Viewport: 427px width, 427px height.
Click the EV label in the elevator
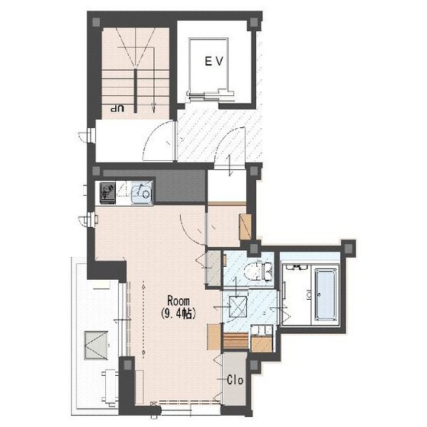[x=214, y=61]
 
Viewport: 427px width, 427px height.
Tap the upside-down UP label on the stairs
[x=117, y=109]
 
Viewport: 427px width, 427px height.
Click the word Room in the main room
[x=178, y=301]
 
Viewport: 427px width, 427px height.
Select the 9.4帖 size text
[x=178, y=313]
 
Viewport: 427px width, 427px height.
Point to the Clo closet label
[x=235, y=380]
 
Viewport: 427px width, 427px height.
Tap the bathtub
[x=326, y=294]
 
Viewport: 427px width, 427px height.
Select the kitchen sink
[x=142, y=192]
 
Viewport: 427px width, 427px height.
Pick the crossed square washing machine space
[x=238, y=307]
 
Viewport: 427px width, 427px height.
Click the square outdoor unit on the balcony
[x=96, y=345]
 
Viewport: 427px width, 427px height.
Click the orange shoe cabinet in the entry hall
[x=245, y=227]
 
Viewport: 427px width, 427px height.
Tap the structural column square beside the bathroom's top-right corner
[x=348, y=248]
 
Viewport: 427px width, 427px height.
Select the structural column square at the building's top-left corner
[x=96, y=22]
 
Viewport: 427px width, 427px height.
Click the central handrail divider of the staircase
[x=136, y=91]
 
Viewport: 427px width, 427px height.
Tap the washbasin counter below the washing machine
[x=262, y=339]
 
